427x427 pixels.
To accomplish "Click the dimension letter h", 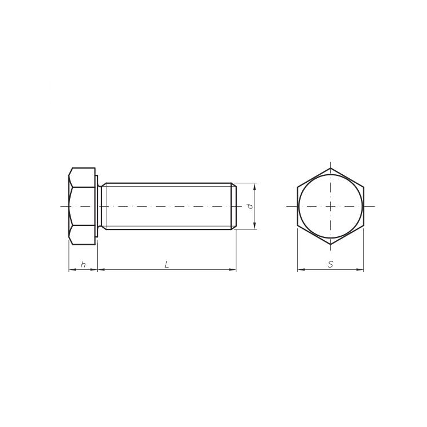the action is pyautogui.click(x=83, y=264).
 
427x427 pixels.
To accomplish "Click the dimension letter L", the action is pyautogui.click(x=167, y=264).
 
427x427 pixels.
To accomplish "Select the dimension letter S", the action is pyautogui.click(x=330, y=264).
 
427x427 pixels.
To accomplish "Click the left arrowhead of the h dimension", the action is pyautogui.click(x=72, y=270).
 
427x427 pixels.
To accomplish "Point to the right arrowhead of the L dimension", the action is pyautogui.click(x=232, y=270).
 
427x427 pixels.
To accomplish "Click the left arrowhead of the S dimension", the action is pyautogui.click(x=301, y=270).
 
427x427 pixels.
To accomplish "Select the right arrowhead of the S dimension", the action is pyautogui.click(x=360, y=270).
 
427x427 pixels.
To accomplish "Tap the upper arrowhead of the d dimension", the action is pyautogui.click(x=254, y=187).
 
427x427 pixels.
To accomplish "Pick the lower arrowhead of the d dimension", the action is pyautogui.click(x=254, y=226).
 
